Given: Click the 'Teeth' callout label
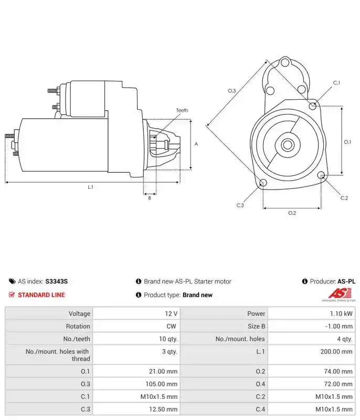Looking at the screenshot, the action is pos(182,110).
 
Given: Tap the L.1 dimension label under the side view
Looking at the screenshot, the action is pos(90,187).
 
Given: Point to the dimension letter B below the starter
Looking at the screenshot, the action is pos(150,198).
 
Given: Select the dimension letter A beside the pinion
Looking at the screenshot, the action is pos(196,144).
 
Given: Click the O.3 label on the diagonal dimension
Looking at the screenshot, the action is pos(232,91).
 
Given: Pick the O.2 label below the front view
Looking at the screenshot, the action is pos(292,213).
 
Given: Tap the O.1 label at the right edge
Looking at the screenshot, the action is pos(347,142).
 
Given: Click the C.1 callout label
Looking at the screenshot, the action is pos(336,83).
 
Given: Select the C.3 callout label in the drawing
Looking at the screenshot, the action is pos(240,205).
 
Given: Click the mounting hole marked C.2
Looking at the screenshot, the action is pos(322,175).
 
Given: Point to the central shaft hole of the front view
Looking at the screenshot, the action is pos(288,145).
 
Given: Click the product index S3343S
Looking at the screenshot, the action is pos(57,281).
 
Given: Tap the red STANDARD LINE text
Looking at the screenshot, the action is pos(41,295).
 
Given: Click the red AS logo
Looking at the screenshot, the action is pos(340,293).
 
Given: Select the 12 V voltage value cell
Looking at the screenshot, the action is pos(171,313).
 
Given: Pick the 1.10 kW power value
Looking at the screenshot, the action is pos(341,313).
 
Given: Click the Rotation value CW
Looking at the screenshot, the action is pos(171,326).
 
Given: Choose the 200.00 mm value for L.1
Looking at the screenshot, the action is pos(336,351).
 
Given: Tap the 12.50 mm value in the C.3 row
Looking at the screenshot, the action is pos(163,409).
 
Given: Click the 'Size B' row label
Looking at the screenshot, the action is pos(257,326).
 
